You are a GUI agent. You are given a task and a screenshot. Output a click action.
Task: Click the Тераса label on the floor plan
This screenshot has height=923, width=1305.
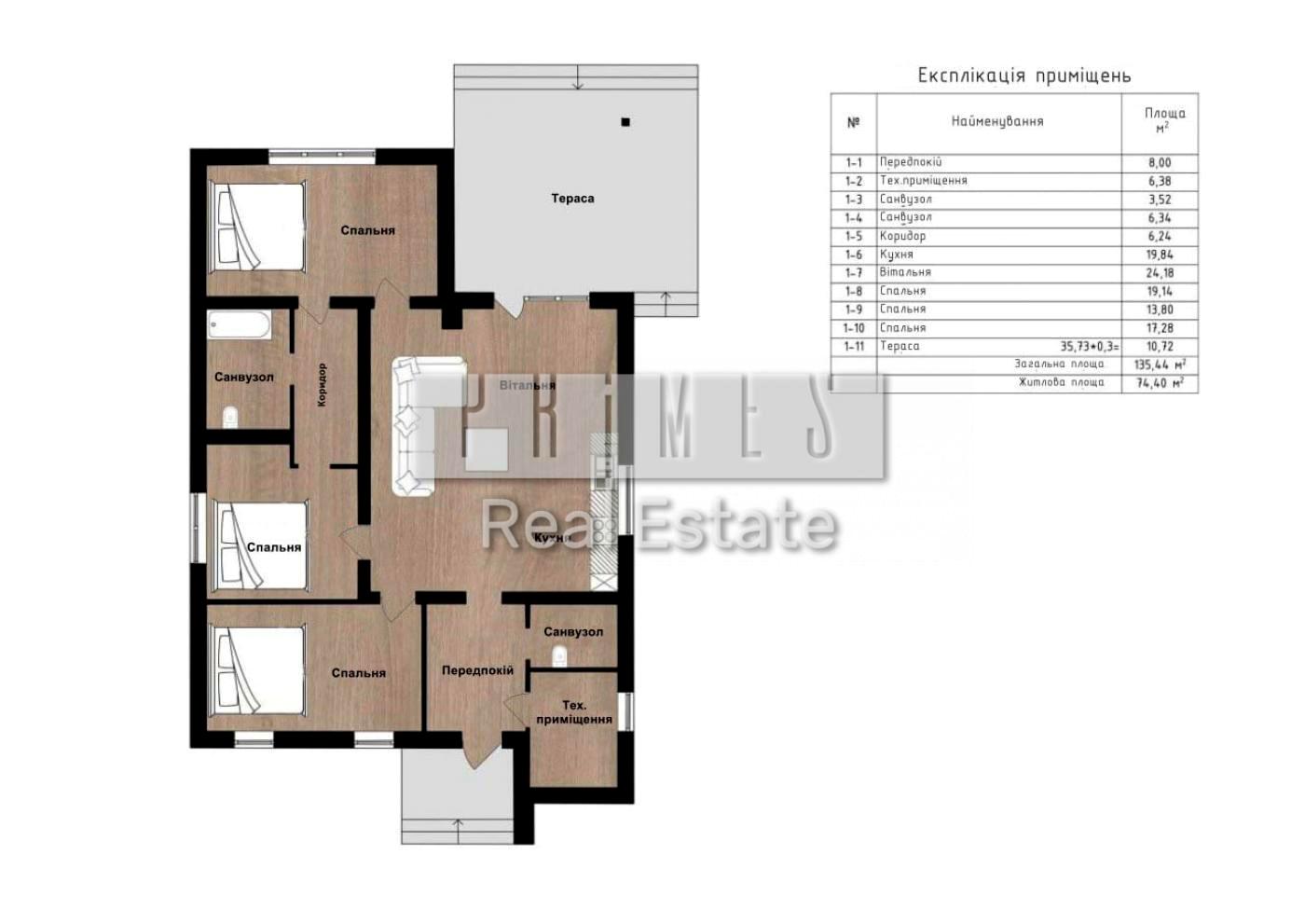pyautogui.click(x=572, y=199)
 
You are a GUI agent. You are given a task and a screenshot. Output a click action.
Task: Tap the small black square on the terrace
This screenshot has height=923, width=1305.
pyautogui.click(x=625, y=122)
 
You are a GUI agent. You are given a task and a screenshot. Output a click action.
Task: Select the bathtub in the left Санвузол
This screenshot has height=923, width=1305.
pyautogui.click(x=240, y=325)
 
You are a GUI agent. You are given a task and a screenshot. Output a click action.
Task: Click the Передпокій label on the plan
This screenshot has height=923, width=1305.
pyautogui.click(x=477, y=670)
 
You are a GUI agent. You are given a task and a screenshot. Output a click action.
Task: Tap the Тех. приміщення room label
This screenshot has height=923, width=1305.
pyautogui.click(x=574, y=712)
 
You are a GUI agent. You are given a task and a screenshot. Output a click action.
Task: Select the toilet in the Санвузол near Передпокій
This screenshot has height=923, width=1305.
pyautogui.click(x=559, y=656)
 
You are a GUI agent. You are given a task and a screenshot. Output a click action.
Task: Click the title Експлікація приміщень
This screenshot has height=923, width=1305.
pyautogui.click(x=1024, y=76)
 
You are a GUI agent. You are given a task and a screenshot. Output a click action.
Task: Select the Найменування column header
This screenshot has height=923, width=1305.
pyautogui.click(x=997, y=121)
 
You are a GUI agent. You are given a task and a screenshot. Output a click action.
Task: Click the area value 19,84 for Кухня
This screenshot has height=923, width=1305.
pyautogui.click(x=1160, y=255)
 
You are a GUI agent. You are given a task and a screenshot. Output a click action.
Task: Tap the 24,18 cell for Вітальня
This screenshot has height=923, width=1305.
pyautogui.click(x=1160, y=272)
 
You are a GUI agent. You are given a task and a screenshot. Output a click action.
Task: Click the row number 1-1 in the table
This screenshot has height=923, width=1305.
pyautogui.click(x=853, y=162)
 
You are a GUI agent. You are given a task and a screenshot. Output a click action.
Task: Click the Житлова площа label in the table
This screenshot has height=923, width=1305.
pyautogui.click(x=1061, y=382)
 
